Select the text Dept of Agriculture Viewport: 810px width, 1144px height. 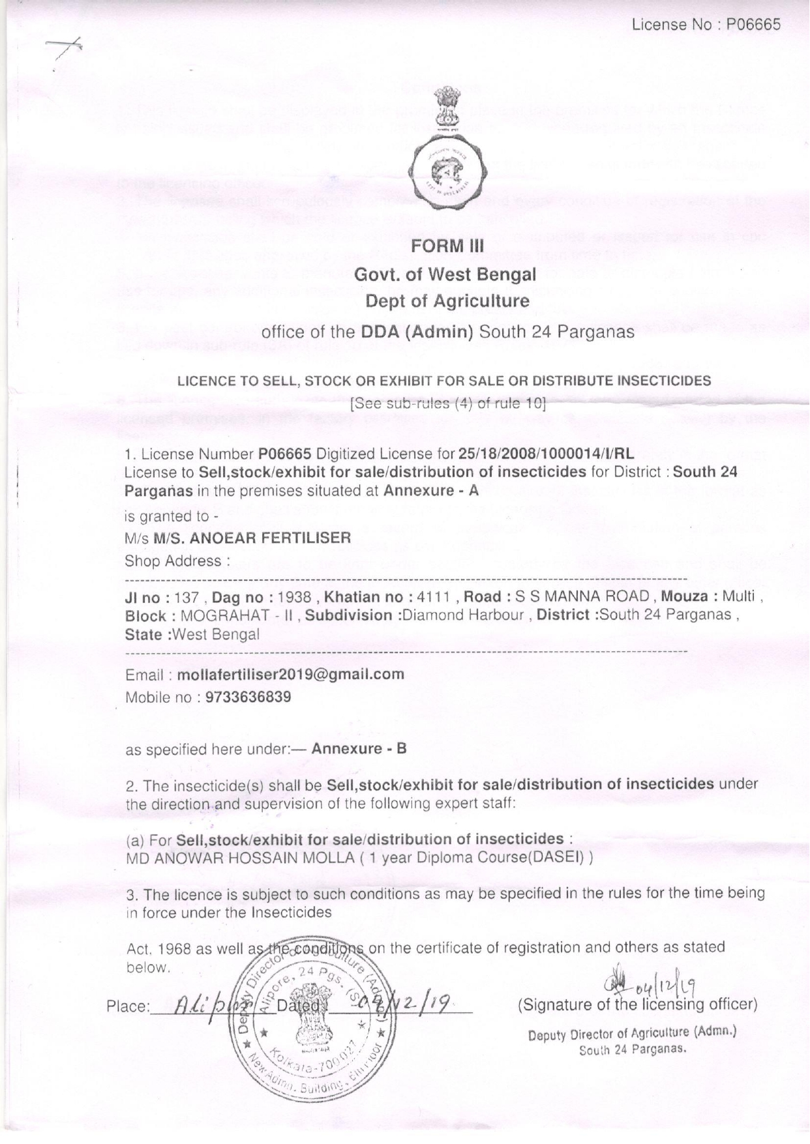tap(447, 301)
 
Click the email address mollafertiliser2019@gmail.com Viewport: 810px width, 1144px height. tap(290, 674)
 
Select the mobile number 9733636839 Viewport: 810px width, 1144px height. tap(248, 697)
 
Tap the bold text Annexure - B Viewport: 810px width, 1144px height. tap(359, 748)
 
